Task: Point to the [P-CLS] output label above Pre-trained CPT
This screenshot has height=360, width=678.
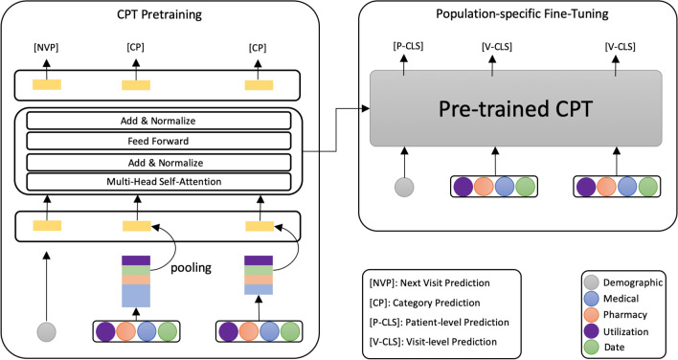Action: click(x=404, y=47)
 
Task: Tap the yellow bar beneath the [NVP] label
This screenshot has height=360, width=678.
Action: click(x=47, y=84)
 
